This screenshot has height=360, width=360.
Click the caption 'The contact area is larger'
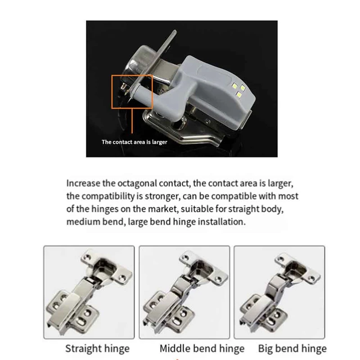point(134,142)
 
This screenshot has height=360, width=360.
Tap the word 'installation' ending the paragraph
point(224,222)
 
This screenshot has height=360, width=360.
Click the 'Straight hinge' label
point(97,348)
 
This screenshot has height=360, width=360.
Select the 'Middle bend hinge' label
point(202,348)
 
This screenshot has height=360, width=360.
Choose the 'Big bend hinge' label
point(292,348)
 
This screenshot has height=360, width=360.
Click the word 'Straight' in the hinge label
point(83,348)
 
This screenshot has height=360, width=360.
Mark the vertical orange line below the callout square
point(131,121)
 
